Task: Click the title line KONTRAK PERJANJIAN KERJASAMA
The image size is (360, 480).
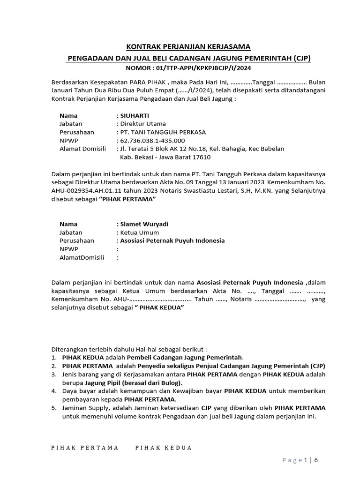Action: tap(189, 46)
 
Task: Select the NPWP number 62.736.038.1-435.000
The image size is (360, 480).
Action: tap(152, 141)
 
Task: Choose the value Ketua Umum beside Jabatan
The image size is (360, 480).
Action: tap(139, 232)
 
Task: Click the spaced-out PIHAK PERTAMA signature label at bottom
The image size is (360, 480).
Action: tap(84, 448)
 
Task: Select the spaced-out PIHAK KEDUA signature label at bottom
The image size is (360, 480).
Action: tap(164, 448)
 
